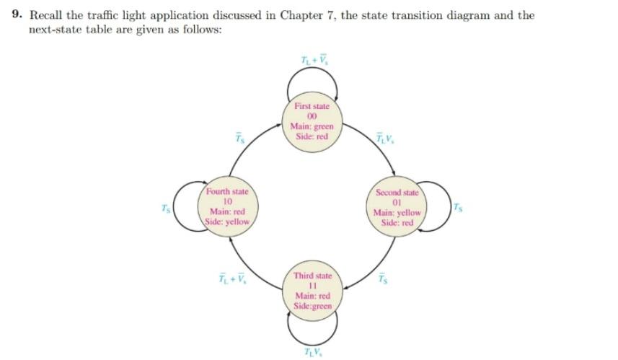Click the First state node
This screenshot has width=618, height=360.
click(x=312, y=121)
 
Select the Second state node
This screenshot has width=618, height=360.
click(x=397, y=208)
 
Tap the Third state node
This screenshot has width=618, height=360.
click(x=312, y=291)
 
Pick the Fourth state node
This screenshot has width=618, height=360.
click(x=227, y=206)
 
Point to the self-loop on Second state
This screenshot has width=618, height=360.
click(x=436, y=208)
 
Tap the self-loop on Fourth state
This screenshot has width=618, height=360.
click(x=185, y=206)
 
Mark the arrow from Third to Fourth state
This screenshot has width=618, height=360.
click(x=255, y=267)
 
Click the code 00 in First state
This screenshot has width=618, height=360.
click(x=312, y=116)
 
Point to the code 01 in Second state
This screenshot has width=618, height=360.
click(x=397, y=203)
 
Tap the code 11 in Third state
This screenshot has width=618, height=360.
click(x=312, y=286)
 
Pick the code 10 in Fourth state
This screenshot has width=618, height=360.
click(x=227, y=201)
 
